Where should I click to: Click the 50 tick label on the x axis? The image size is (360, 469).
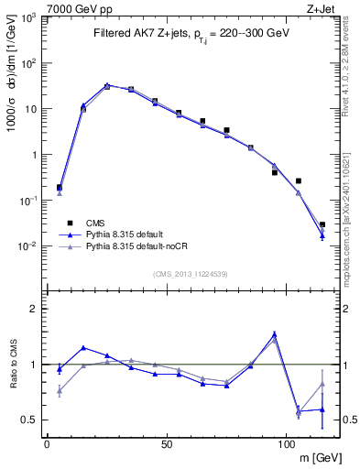(x=166, y=443)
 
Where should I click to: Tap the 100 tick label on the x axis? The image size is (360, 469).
(x=286, y=443)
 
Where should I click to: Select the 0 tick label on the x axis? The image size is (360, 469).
(x=47, y=443)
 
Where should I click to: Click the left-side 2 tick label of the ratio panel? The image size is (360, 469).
(x=33, y=309)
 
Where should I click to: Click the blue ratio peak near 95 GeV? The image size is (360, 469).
(x=274, y=334)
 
